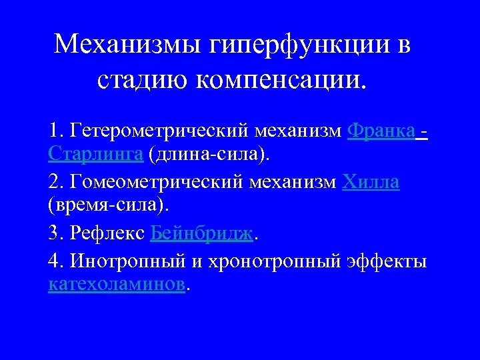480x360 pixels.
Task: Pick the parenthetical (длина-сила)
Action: [x=211, y=155]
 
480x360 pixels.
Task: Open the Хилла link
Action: [x=371, y=181]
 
